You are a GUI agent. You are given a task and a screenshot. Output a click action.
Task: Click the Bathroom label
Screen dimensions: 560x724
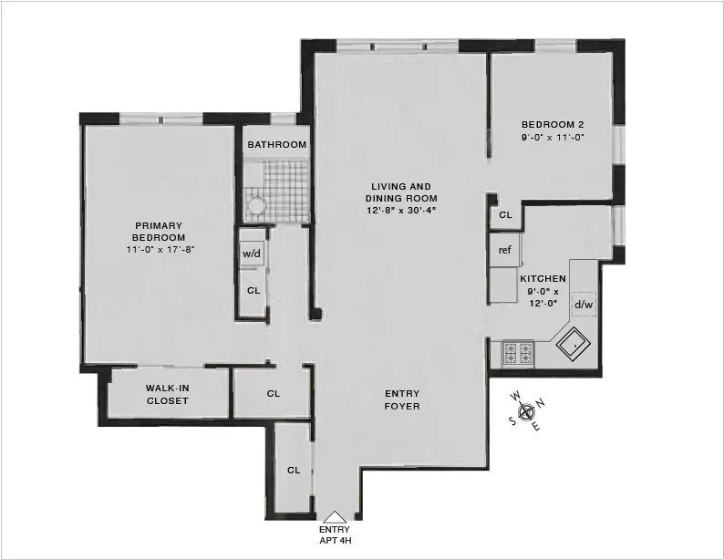pyautogui.click(x=276, y=145)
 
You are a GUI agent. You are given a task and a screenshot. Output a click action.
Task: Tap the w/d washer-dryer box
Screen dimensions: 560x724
pyautogui.click(x=252, y=254)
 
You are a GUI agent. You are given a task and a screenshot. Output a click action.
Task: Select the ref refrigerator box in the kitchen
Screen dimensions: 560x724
pyautogui.click(x=504, y=250)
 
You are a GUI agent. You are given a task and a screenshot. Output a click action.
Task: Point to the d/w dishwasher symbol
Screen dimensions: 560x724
pyautogui.click(x=584, y=304)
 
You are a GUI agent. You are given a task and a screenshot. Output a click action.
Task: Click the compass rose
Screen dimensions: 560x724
pyautogui.click(x=527, y=410)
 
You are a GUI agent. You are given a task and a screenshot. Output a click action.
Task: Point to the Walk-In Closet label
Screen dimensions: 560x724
pyautogui.click(x=167, y=395)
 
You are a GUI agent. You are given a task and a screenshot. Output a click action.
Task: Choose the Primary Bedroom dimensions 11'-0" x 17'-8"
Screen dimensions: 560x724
pyautogui.click(x=159, y=249)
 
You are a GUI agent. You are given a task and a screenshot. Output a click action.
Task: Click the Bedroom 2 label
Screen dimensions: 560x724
pyautogui.click(x=553, y=125)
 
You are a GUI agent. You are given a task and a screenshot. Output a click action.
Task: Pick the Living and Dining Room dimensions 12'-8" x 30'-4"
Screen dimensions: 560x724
pyautogui.click(x=401, y=211)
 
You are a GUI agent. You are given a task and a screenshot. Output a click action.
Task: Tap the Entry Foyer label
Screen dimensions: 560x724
pyautogui.click(x=402, y=399)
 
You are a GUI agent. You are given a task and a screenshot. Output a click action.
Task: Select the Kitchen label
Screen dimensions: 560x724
pyautogui.click(x=543, y=279)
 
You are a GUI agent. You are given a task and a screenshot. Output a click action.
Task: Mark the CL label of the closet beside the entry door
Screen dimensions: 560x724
pyautogui.click(x=294, y=471)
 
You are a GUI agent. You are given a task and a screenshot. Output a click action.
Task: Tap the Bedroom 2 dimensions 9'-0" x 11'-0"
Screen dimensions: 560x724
pyautogui.click(x=553, y=138)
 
